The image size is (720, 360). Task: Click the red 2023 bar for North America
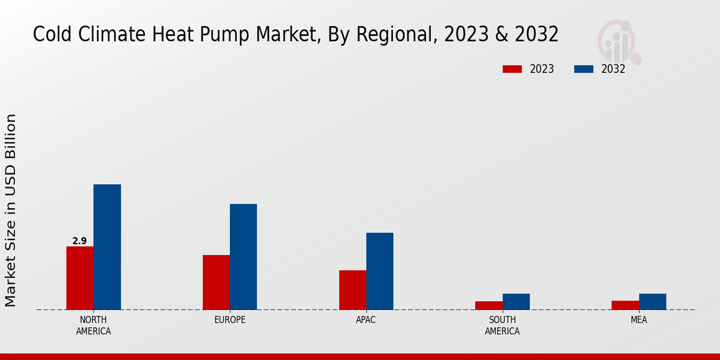[80, 278]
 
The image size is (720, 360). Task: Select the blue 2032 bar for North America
[107, 247]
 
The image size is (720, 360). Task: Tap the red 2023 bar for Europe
[216, 282]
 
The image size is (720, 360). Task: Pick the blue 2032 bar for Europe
[243, 257]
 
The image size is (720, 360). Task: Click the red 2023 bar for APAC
[352, 290]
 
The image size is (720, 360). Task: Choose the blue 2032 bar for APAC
[380, 271]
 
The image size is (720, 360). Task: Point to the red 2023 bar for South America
[488, 305]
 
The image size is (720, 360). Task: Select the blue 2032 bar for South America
[516, 301]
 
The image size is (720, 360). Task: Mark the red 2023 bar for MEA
[625, 305]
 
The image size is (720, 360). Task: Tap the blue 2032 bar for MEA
[652, 301]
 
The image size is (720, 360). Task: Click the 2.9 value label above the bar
[79, 241]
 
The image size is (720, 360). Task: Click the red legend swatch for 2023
[512, 69]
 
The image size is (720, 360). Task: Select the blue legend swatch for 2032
[584, 69]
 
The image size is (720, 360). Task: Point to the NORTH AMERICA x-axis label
[94, 325]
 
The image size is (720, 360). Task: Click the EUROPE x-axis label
[230, 320]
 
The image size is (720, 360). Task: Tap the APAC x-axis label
[366, 320]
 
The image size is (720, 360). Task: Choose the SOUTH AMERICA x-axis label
[502, 325]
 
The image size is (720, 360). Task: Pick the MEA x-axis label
[638, 320]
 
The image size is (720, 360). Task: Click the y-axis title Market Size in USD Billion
[11, 210]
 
